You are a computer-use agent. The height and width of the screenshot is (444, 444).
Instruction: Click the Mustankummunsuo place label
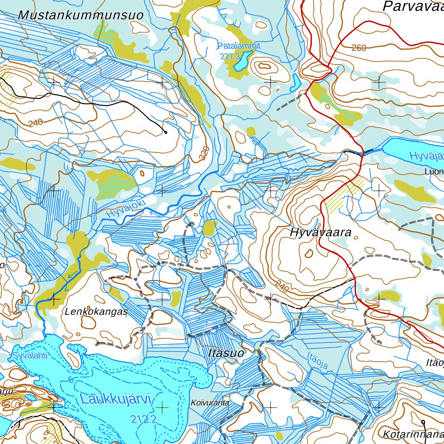click(81, 15)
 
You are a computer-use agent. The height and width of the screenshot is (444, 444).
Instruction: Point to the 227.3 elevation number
click(230, 56)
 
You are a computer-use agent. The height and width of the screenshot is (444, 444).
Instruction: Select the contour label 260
click(359, 48)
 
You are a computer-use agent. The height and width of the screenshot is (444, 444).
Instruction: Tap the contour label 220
click(205, 153)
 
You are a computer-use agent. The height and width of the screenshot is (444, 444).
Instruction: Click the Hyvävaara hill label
click(320, 232)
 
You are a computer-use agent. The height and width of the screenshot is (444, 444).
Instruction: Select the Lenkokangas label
click(96, 311)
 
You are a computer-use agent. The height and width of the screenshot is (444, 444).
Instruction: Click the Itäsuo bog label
click(225, 353)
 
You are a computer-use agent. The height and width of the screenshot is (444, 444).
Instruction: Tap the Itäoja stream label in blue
click(317, 361)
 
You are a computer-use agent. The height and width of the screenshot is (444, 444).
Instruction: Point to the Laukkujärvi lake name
click(115, 399)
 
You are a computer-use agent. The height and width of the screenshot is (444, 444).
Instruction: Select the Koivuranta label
click(210, 403)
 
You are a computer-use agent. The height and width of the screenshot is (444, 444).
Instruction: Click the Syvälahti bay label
click(29, 356)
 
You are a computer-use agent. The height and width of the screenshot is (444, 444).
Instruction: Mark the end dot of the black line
click(165, 132)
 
